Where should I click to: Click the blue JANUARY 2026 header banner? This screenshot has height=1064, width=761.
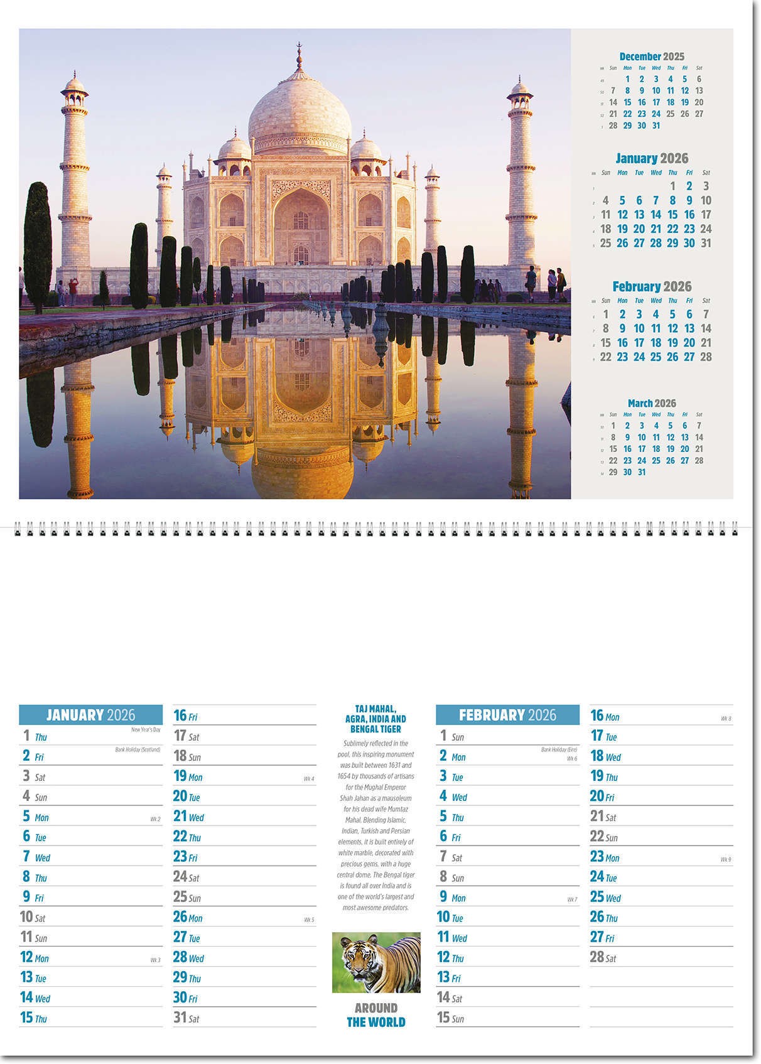click(x=90, y=715)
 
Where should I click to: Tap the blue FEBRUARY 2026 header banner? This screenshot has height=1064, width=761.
click(x=507, y=715)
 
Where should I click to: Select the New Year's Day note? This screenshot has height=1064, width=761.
click(x=146, y=729)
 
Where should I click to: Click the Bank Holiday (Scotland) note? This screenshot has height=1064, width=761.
click(x=138, y=750)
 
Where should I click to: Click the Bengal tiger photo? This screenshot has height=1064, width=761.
click(x=376, y=962)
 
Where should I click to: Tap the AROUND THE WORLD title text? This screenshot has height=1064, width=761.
click(x=376, y=1015)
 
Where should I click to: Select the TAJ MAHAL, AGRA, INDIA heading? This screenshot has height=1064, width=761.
click(x=375, y=719)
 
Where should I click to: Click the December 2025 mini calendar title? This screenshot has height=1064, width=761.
click(x=652, y=56)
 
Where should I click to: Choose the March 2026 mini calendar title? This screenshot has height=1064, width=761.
click(x=652, y=403)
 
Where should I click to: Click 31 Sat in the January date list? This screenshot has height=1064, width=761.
click(x=186, y=1018)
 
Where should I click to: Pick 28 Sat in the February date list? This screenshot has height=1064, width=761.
click(x=603, y=957)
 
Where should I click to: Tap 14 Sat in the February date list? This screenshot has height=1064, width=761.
click(x=450, y=997)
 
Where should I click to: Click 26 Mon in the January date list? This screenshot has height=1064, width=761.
click(x=188, y=917)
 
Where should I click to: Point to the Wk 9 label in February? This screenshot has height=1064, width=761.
click(x=726, y=859)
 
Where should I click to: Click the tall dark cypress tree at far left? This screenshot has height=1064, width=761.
click(x=38, y=245)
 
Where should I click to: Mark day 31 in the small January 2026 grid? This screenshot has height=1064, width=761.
click(x=706, y=243)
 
